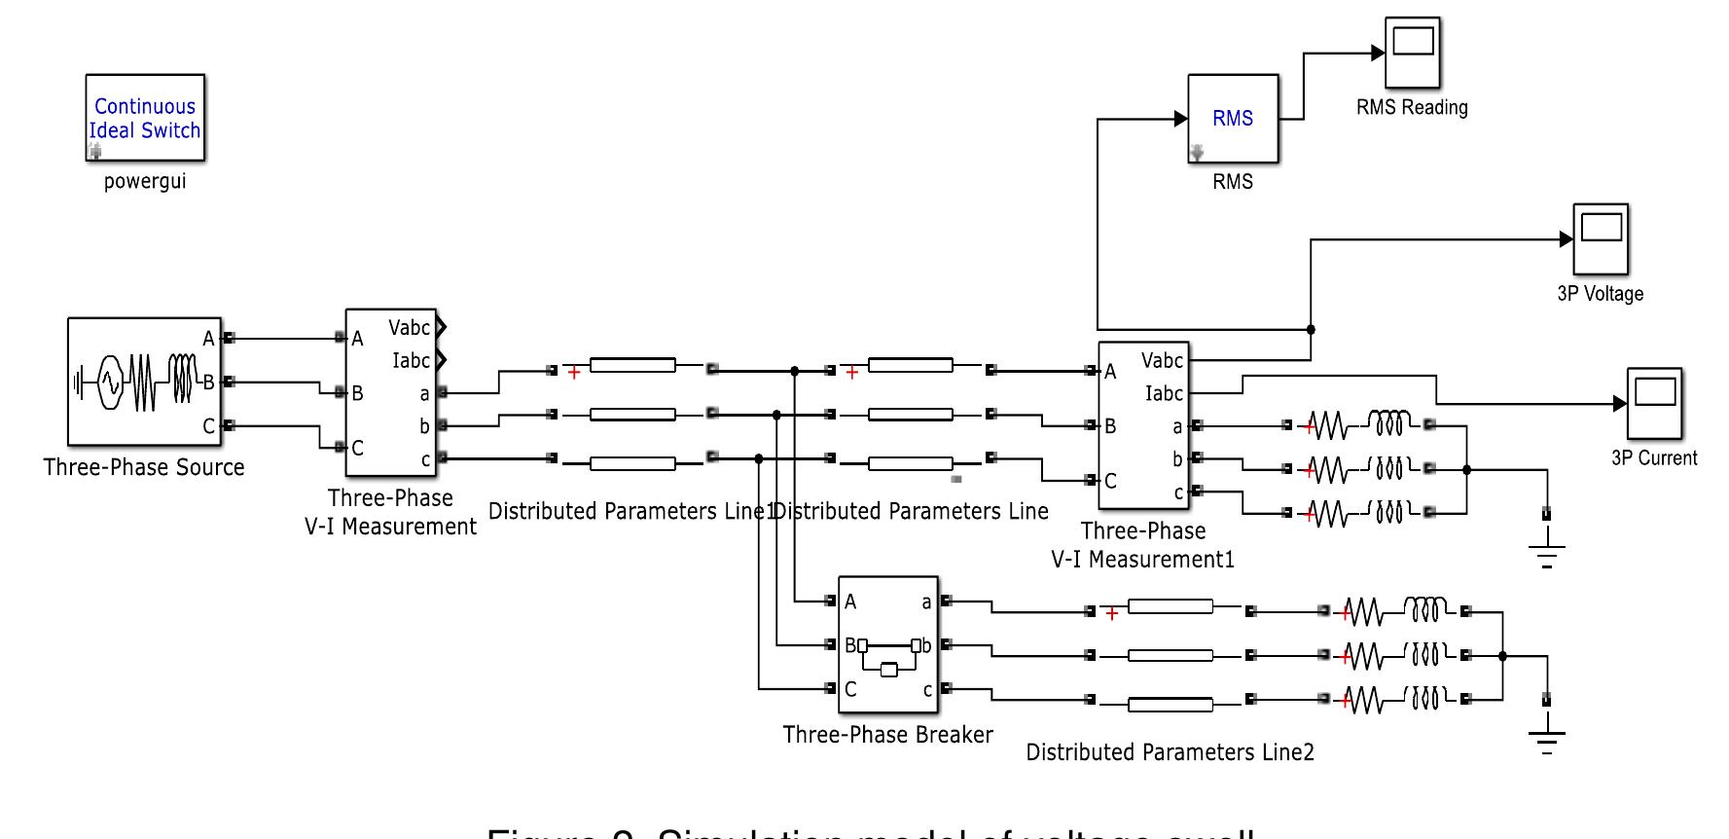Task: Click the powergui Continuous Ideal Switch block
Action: pyautogui.click(x=145, y=118)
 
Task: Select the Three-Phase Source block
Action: pyautogui.click(x=144, y=381)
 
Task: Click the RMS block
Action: pyautogui.click(x=1233, y=119)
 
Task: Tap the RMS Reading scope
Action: pyautogui.click(x=1413, y=53)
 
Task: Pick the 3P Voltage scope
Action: pyautogui.click(x=1601, y=238)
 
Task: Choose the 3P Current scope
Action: pyautogui.click(x=1654, y=402)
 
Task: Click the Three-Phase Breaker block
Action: pyautogui.click(x=887, y=645)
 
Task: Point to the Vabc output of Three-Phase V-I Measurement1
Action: pyautogui.click(x=1162, y=361)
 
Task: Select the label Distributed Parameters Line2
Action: pyautogui.click(x=1170, y=752)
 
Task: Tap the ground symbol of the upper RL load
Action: pyautogui.click(x=1547, y=552)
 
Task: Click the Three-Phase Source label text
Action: pyautogui.click(x=144, y=467)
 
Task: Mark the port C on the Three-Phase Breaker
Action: pyautogui.click(x=849, y=689)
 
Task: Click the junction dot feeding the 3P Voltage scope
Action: pyautogui.click(x=1311, y=329)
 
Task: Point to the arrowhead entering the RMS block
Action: pyautogui.click(x=1181, y=119)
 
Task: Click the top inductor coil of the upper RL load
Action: pyautogui.click(x=1387, y=423)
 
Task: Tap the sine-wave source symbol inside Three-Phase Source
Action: pyautogui.click(x=107, y=382)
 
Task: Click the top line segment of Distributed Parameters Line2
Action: pyautogui.click(x=1170, y=606)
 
